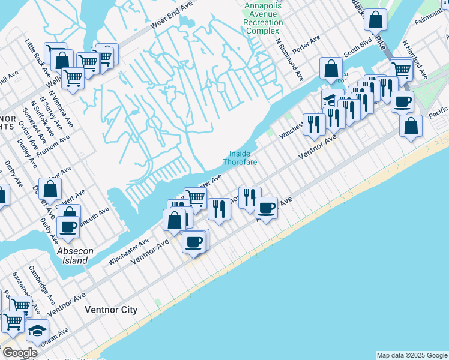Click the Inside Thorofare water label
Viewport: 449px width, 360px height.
[x=241, y=158]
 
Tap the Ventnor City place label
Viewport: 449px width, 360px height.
[x=111, y=310]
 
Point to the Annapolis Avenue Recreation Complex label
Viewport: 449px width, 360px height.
[x=263, y=18]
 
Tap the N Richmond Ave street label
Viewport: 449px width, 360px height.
[x=289, y=61]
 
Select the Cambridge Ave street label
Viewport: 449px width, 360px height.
[x=41, y=280]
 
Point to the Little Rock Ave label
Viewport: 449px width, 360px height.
[x=34, y=52]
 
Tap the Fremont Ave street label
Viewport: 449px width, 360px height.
[x=53, y=145]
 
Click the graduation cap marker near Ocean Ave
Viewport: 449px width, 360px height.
[x=37, y=331]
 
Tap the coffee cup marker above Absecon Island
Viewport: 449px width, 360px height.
[x=68, y=227]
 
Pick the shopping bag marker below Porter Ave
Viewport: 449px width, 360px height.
[x=331, y=69]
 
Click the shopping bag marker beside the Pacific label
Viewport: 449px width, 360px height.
[x=411, y=126]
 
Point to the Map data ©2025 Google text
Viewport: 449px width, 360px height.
[x=412, y=355]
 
